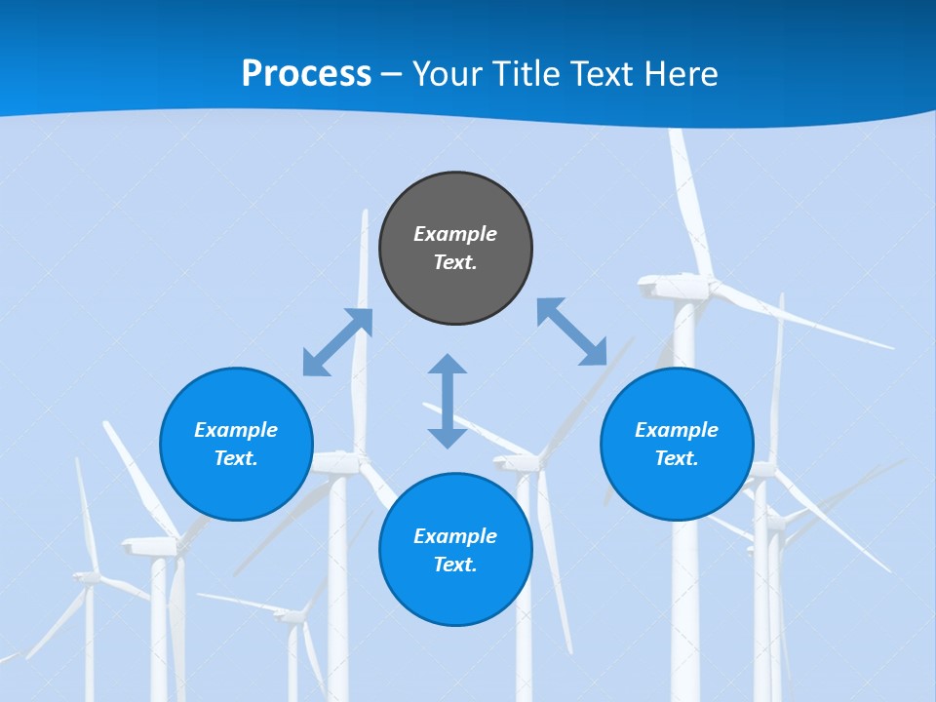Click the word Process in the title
pyautogui.click(x=306, y=74)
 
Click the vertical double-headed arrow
pyautogui.click(x=448, y=401)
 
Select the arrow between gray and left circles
pyautogui.click(x=337, y=342)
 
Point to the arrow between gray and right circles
pyautogui.click(x=571, y=331)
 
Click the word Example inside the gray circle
pyautogui.click(x=455, y=234)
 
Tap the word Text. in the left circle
pyautogui.click(x=236, y=458)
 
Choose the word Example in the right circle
pyautogui.click(x=677, y=430)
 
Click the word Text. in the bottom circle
pyautogui.click(x=455, y=565)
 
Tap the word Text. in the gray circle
pyautogui.click(x=455, y=262)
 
